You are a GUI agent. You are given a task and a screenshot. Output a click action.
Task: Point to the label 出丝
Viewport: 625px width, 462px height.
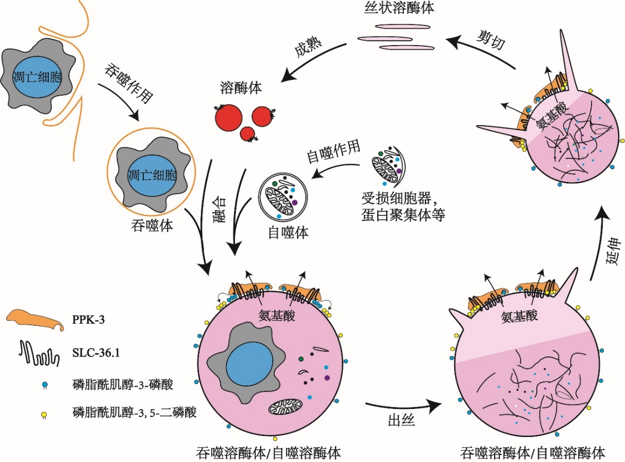401,421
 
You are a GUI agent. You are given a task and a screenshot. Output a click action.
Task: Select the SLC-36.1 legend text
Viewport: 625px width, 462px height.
96,350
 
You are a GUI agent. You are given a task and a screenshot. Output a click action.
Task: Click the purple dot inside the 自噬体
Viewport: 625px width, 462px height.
294,202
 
